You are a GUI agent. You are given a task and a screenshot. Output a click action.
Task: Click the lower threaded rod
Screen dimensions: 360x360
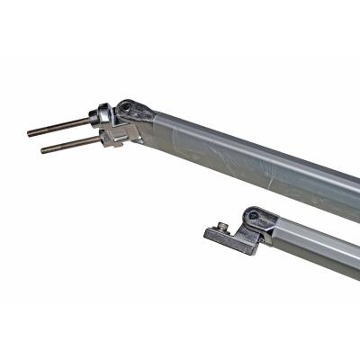[72, 143]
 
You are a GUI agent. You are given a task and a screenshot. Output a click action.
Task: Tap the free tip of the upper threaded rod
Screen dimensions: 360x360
[30, 133]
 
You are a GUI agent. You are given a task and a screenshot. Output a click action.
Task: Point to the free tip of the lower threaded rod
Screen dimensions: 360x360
[43, 149]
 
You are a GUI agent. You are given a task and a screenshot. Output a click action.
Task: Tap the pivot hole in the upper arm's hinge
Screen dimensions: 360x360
[127, 107]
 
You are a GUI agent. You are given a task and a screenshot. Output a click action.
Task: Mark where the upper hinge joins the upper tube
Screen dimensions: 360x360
[153, 121]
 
